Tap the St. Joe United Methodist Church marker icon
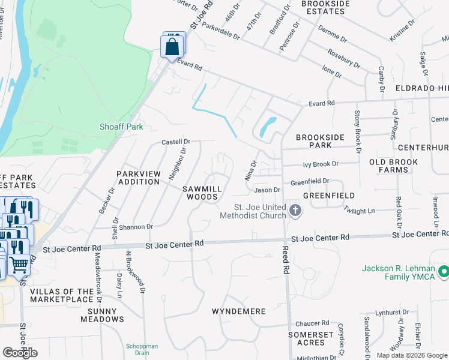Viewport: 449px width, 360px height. [295, 210]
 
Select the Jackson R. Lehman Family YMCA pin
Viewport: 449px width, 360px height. [444, 273]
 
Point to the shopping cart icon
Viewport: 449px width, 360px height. [19, 263]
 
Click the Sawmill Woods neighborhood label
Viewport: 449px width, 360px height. [202, 193]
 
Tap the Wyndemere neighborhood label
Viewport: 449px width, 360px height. [238, 312]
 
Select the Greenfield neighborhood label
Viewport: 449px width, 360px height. [328, 196]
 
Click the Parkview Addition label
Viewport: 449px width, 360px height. [139, 178]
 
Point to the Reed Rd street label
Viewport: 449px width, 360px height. [286, 260]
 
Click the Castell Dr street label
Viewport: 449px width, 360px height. [176, 142]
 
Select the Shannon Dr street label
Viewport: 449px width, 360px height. [136, 227]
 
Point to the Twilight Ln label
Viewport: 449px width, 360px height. [359, 211]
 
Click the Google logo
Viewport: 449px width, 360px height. [20, 353]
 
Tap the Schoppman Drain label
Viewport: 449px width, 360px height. [142, 349]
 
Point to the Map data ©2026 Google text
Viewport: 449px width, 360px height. [412, 355]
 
